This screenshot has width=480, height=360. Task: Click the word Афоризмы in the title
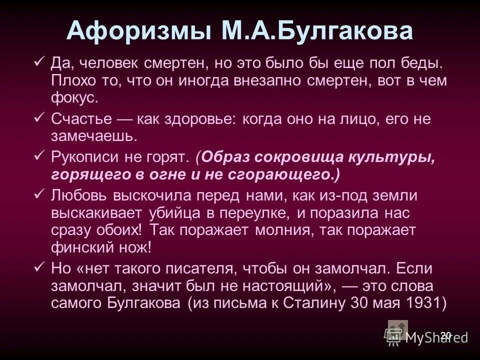click(x=136, y=31)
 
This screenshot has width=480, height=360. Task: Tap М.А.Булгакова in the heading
click(x=314, y=31)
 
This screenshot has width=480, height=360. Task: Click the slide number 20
click(x=446, y=334)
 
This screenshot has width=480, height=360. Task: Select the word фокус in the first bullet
click(x=74, y=97)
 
